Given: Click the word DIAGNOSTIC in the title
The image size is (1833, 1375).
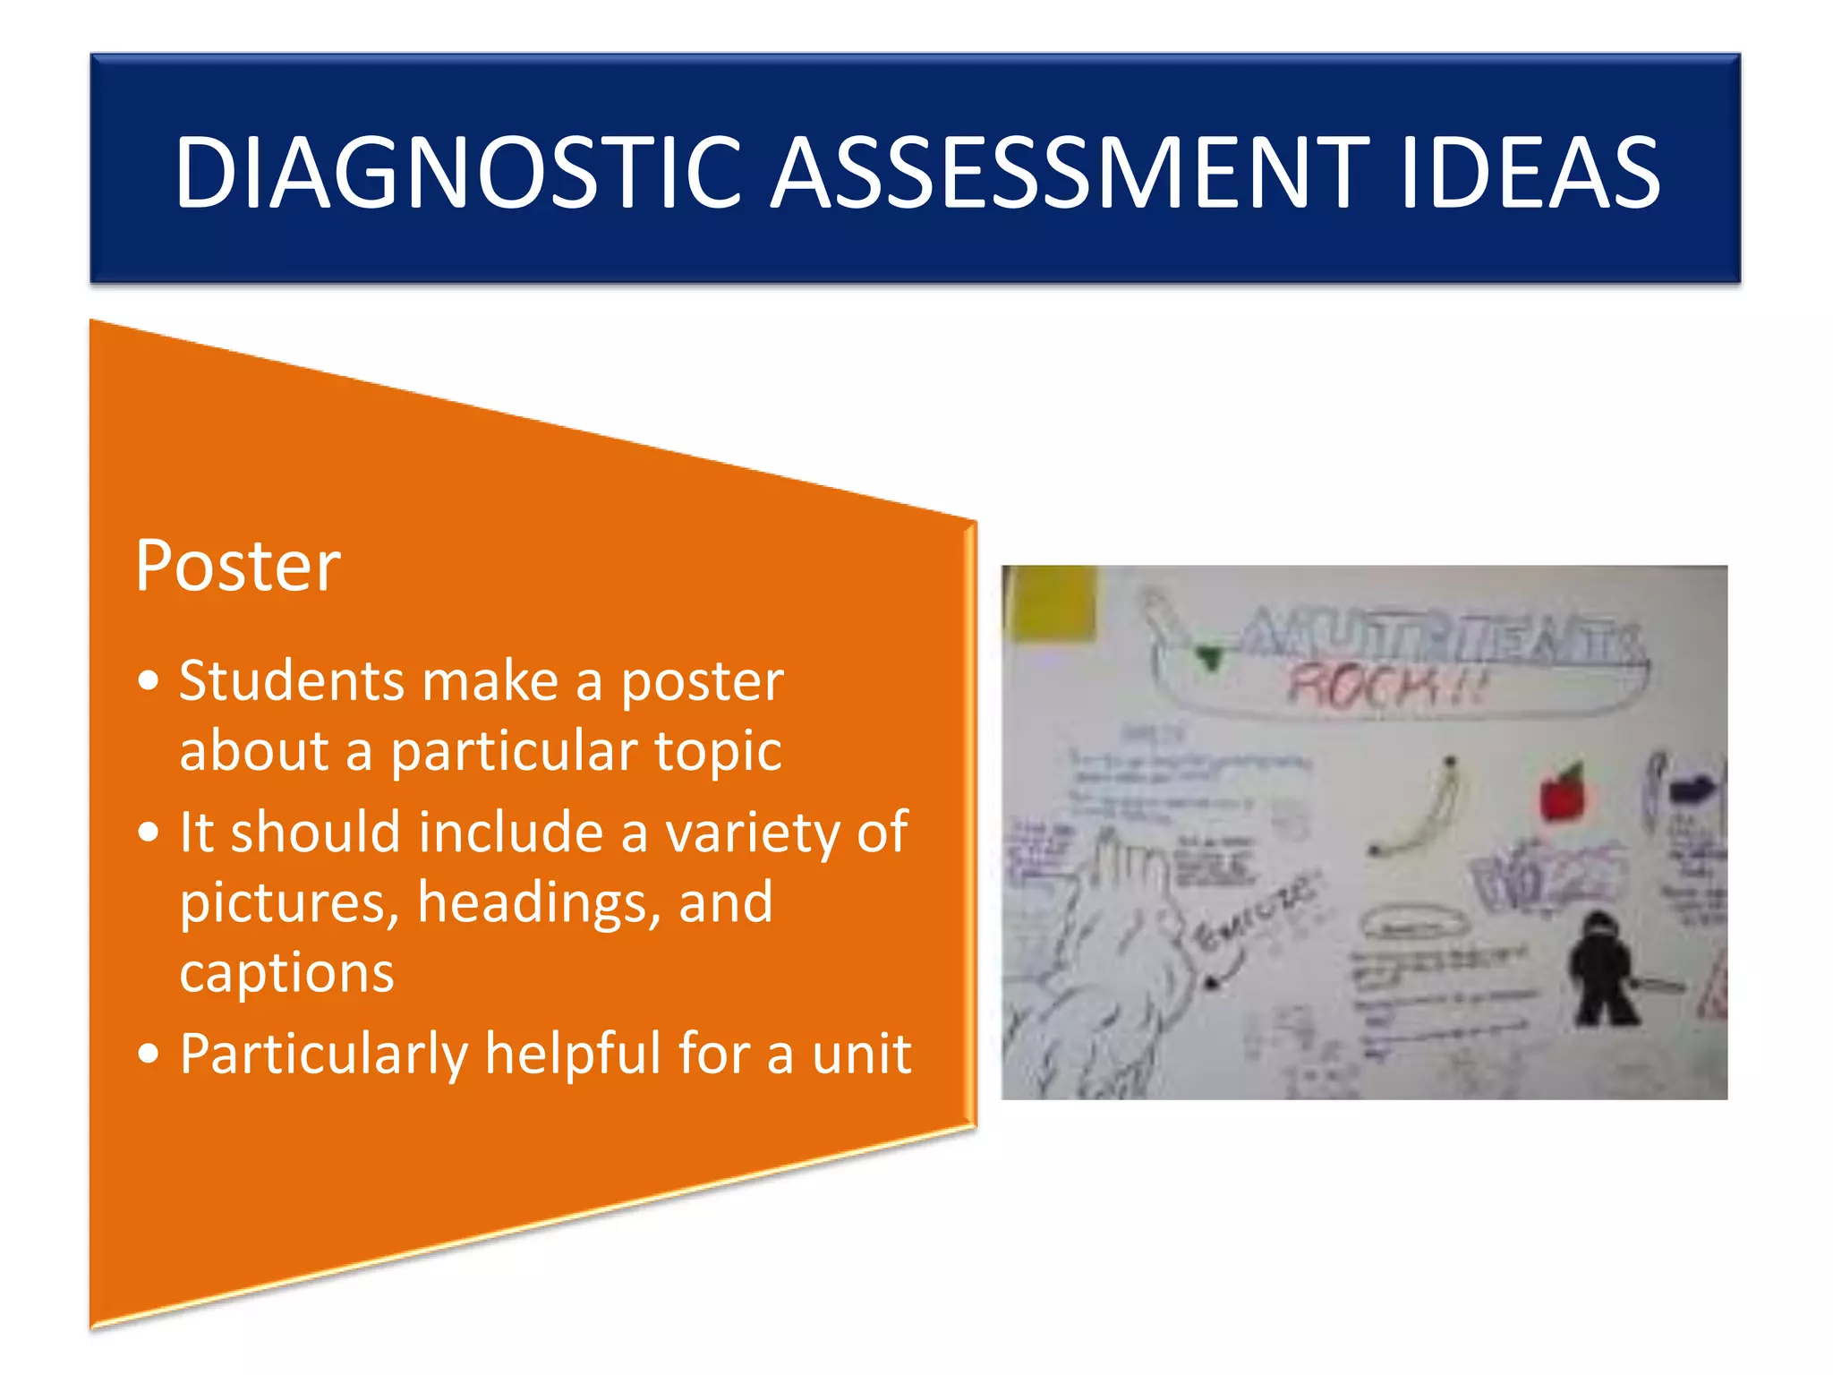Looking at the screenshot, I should [456, 172].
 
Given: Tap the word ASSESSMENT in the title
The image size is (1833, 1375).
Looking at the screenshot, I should [1070, 172].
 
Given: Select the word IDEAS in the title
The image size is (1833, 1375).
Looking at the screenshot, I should [1530, 172].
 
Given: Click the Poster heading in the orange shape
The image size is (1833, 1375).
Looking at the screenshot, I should [238, 566].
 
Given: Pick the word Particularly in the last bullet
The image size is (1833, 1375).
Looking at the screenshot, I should [324, 1054].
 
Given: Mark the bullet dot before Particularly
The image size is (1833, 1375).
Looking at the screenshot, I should [149, 1054].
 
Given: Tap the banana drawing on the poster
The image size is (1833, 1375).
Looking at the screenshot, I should [1423, 810].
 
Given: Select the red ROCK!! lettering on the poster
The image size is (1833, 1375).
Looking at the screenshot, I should [1384, 687].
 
